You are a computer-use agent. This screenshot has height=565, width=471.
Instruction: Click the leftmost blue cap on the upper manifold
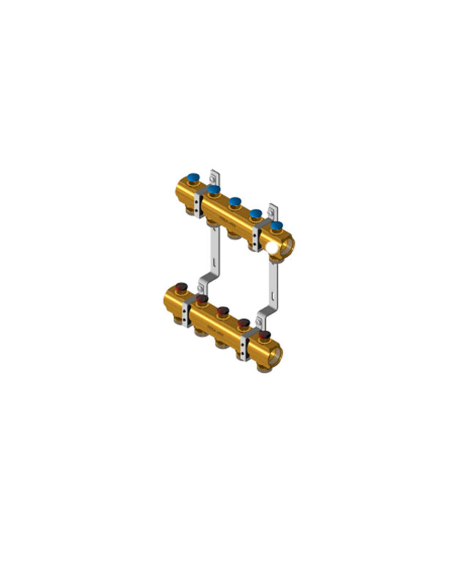[194, 177]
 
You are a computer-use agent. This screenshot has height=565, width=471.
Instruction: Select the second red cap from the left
[202, 299]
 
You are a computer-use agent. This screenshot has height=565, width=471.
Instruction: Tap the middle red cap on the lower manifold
[222, 311]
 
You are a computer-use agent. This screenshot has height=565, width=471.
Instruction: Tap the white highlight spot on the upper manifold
[273, 248]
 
